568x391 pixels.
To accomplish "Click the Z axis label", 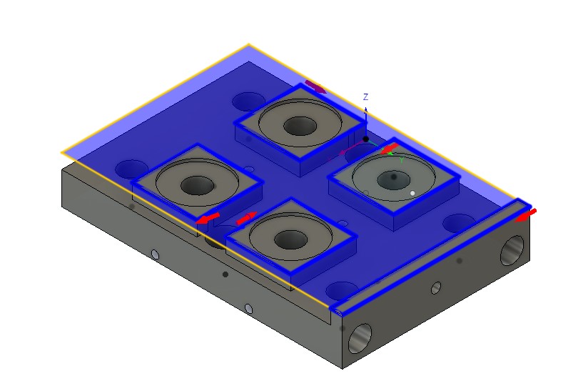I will pyautogui.click(x=365, y=96).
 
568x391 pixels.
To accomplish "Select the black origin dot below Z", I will pyautogui.click(x=365, y=139).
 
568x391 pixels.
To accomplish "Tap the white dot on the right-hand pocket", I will pyautogui.click(x=412, y=193).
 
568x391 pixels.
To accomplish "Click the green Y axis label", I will pyautogui.click(x=402, y=161).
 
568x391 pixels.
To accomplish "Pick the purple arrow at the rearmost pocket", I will pyautogui.click(x=315, y=87).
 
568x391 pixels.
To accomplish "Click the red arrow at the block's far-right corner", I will pyautogui.click(x=525, y=214).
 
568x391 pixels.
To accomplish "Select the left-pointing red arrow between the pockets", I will pyautogui.click(x=208, y=219).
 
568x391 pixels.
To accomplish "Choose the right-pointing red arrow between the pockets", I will pyautogui.click(x=245, y=217).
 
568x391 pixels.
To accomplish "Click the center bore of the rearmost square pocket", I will pyautogui.click(x=300, y=126).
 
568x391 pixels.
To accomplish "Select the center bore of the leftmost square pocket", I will pyautogui.click(x=196, y=186).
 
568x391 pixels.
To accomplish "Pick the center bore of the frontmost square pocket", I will pyautogui.click(x=290, y=239).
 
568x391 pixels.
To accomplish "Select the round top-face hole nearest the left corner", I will pyautogui.click(x=131, y=169).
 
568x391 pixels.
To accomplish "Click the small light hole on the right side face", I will pyautogui.click(x=437, y=288).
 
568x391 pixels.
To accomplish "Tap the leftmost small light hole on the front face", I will pyautogui.click(x=155, y=254).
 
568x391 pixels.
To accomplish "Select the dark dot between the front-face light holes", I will pyautogui.click(x=225, y=274).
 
